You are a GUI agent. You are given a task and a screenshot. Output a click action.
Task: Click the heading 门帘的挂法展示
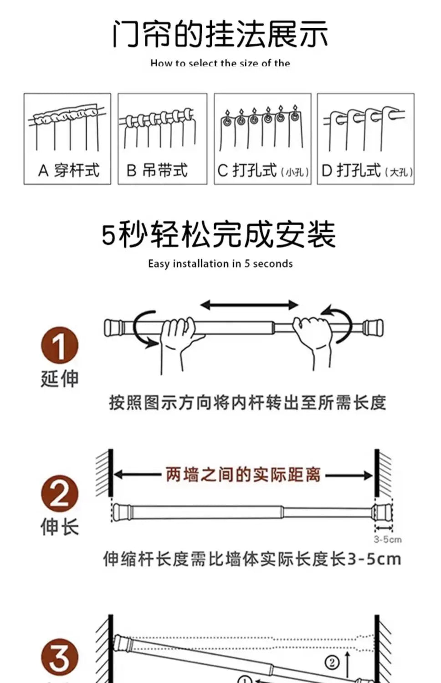click(x=220, y=34)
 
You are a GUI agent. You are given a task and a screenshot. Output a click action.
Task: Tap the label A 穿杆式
click(x=68, y=171)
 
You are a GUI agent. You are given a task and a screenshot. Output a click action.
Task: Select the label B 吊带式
click(x=157, y=171)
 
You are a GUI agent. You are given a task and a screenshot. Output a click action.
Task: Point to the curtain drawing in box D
click(x=364, y=128)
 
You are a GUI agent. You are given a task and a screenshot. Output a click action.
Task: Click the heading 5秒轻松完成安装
click(x=219, y=234)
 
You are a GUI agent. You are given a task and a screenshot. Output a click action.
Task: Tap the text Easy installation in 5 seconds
click(x=220, y=264)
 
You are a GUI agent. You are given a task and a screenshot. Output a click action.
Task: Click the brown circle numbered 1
click(x=60, y=346)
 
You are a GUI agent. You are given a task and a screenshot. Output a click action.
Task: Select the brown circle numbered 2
click(x=60, y=494)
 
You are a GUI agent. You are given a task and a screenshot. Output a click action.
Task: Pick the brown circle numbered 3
click(x=60, y=658)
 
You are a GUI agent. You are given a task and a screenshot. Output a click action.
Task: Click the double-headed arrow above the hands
click(x=249, y=305)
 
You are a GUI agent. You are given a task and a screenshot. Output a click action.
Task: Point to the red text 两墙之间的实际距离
click(x=243, y=475)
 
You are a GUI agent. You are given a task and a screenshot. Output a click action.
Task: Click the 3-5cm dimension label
click(x=388, y=539)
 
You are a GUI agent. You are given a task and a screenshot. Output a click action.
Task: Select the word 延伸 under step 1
click(x=60, y=378)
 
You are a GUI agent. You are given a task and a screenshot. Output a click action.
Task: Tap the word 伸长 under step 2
click(x=60, y=527)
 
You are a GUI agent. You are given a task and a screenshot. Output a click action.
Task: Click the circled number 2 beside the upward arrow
click(x=332, y=662)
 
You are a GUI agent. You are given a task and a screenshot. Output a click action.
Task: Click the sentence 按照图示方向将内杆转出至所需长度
click(x=247, y=403)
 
